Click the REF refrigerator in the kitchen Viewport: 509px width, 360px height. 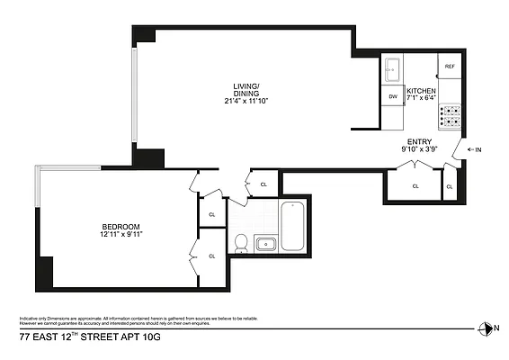point(451,67)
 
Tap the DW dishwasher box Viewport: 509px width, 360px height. point(393,96)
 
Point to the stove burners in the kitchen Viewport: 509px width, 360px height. point(450,115)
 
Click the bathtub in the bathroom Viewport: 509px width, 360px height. point(294,226)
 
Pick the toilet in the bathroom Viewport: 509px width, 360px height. point(240,241)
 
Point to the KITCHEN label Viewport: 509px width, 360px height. point(421,92)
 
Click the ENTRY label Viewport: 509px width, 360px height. point(419,142)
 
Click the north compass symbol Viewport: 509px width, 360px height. point(487,328)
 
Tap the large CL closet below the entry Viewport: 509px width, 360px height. point(415,185)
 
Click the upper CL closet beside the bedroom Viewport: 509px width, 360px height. point(212,214)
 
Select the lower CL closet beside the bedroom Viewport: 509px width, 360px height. point(212,256)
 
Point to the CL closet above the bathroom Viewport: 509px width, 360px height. point(263,184)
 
